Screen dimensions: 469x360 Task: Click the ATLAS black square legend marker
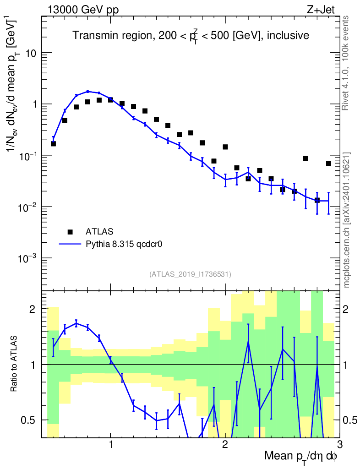coord(70,231)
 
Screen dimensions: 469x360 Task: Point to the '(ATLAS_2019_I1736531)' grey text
coord(190,274)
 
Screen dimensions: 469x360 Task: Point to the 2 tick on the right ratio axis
coord(350,310)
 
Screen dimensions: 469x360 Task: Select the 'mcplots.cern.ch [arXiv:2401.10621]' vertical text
coord(347,220)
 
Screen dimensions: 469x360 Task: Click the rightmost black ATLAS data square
coord(328,164)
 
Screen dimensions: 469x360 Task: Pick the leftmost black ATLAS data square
coord(53,143)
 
